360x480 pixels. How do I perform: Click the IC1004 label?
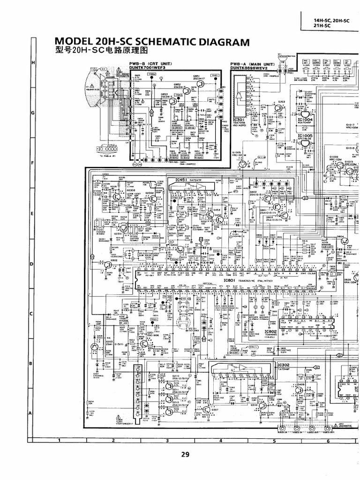coord(304,120)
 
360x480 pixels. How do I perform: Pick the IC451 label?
coord(181,180)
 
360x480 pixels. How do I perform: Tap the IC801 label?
coord(229,280)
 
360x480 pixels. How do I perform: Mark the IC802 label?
coord(284,331)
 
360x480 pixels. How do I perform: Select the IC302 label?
coord(283,365)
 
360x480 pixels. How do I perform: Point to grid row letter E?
coord(31,214)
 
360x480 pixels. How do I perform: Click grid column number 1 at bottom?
coord(60,441)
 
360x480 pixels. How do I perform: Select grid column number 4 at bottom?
coord(220,441)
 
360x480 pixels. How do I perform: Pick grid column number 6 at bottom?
coord(328,441)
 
